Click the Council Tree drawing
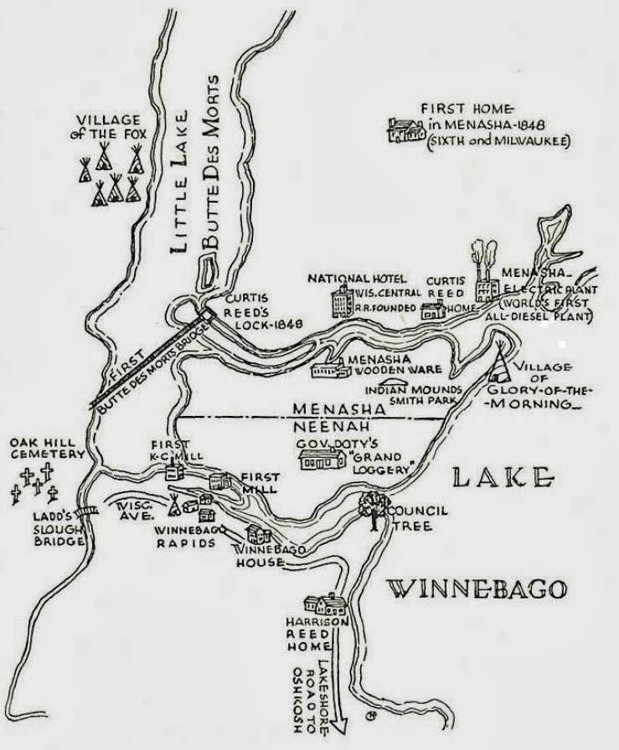[x=370, y=506]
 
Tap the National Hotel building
[x=342, y=301]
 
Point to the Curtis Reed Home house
[x=433, y=311]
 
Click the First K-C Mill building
[x=174, y=470]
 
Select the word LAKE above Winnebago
[x=502, y=478]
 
